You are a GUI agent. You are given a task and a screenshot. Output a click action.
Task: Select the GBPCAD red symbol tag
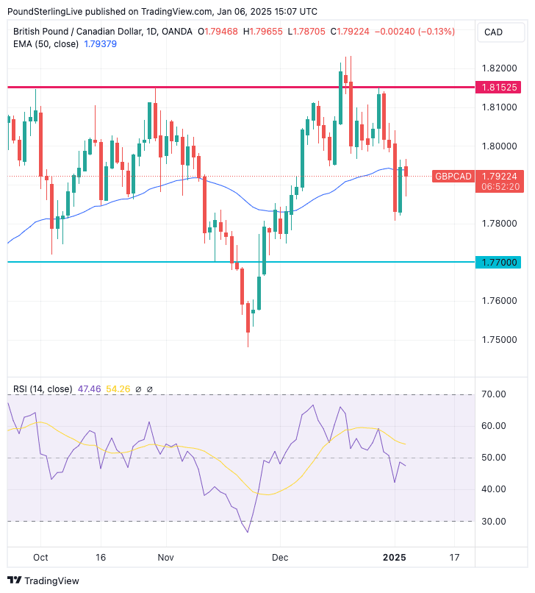point(452,177)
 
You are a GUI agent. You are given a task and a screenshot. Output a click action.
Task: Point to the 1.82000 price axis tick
point(499,68)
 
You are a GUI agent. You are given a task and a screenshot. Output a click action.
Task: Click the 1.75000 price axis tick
point(499,340)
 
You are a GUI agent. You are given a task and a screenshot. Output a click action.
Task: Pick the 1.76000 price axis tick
point(499,301)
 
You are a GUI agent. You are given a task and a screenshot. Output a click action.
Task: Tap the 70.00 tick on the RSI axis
point(494,394)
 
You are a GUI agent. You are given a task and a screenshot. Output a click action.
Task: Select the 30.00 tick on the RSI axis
point(494,522)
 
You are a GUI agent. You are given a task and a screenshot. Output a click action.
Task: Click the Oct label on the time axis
point(40,558)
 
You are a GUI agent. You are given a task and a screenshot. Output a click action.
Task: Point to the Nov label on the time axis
point(166,558)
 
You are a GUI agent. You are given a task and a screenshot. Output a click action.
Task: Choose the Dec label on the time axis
point(280,558)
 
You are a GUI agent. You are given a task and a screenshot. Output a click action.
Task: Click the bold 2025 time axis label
point(395,558)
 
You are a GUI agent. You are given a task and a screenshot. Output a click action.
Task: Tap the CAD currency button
point(493,32)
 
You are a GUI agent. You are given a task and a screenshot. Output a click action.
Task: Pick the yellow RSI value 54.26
point(118,388)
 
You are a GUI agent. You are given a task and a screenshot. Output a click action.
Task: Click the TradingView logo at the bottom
point(43,580)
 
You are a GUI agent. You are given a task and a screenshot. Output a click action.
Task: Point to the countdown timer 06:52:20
point(500,187)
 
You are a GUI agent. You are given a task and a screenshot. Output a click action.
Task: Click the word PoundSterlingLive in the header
point(47,11)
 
